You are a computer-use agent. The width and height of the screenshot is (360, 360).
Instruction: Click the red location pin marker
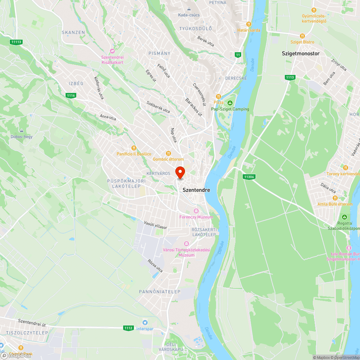tap(180, 172)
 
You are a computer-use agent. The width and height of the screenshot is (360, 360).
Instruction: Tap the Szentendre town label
tap(196, 190)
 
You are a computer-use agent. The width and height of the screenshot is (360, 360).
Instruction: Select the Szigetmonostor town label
tap(301, 54)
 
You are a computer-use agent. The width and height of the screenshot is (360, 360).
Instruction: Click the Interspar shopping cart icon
tap(145, 322)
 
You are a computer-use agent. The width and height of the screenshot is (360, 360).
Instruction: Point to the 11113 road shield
tap(16, 42)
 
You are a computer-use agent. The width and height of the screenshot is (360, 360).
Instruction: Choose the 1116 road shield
tap(71, 95)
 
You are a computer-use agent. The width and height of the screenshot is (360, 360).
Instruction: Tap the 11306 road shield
tap(248, 176)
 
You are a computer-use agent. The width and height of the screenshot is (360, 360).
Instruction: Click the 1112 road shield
tap(128, 328)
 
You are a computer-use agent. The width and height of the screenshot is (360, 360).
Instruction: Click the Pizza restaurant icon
tap(218, 96)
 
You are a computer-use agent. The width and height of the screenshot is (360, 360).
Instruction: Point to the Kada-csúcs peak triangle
tap(189, 9)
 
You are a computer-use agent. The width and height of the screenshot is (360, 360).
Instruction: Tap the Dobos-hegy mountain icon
tap(22, 130)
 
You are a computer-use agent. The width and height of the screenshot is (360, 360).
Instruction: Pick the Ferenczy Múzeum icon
tap(196, 211)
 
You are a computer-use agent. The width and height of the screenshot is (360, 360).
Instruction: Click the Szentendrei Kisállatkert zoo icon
tap(112, 51)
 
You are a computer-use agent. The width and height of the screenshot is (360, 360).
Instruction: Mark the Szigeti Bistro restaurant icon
tap(302, 36)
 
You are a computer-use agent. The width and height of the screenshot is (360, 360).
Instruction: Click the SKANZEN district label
tap(73, 32)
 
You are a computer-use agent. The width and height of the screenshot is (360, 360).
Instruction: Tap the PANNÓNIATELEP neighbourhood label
tap(159, 291)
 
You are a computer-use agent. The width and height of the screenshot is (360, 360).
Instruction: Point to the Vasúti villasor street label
tap(156, 225)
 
